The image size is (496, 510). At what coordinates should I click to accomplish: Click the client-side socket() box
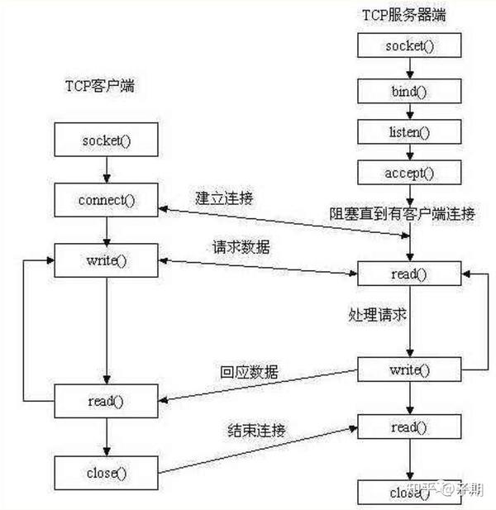point(107,141)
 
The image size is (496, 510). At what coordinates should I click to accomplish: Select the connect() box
point(107,200)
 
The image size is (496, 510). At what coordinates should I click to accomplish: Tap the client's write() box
point(107,260)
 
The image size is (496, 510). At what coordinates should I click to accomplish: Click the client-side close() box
point(107,473)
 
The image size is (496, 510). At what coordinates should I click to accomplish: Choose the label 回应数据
point(250,372)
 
